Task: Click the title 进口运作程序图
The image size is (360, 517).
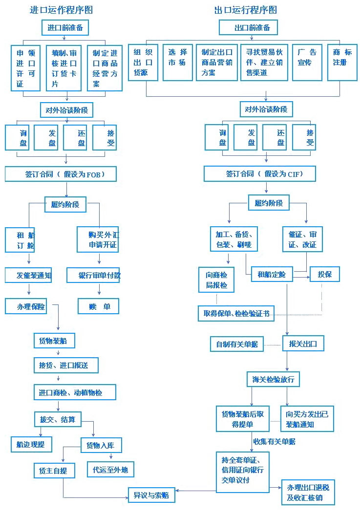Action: pyautogui.click(x=62, y=10)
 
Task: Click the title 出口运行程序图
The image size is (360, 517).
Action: pyautogui.click(x=246, y=10)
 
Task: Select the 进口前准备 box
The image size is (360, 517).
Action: pyautogui.click(x=65, y=28)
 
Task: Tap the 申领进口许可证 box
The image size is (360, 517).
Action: pyautogui.click(x=26, y=68)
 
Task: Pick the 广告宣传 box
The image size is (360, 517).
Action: pyautogui.click(x=307, y=63)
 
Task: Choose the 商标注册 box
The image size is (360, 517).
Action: pyautogui.click(x=342, y=63)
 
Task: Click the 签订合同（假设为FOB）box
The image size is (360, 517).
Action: pyautogui.click(x=61, y=174)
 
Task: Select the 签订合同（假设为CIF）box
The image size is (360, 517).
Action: pyautogui.click(x=260, y=174)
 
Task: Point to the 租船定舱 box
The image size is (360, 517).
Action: pyautogui.click(x=272, y=274)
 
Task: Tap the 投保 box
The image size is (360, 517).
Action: pyautogui.click(x=325, y=274)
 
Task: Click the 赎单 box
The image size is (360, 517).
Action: pyautogui.click(x=99, y=306)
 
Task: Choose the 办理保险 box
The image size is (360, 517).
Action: pyautogui.click(x=26, y=306)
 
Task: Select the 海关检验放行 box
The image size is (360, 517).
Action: pyautogui.click(x=273, y=379)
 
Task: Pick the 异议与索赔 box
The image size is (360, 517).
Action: pyautogui.click(x=151, y=495)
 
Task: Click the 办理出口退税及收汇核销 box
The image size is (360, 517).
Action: pyautogui.click(x=308, y=492)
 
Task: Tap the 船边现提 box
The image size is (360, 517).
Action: pyautogui.click(x=31, y=445)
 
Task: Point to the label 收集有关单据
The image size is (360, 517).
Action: pyautogui.click(x=275, y=441)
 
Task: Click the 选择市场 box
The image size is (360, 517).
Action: pyautogui.click(x=178, y=63)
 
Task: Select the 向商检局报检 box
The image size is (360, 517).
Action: pyautogui.click(x=216, y=280)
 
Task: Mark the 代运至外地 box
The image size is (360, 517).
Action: pyautogui.click(x=110, y=470)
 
